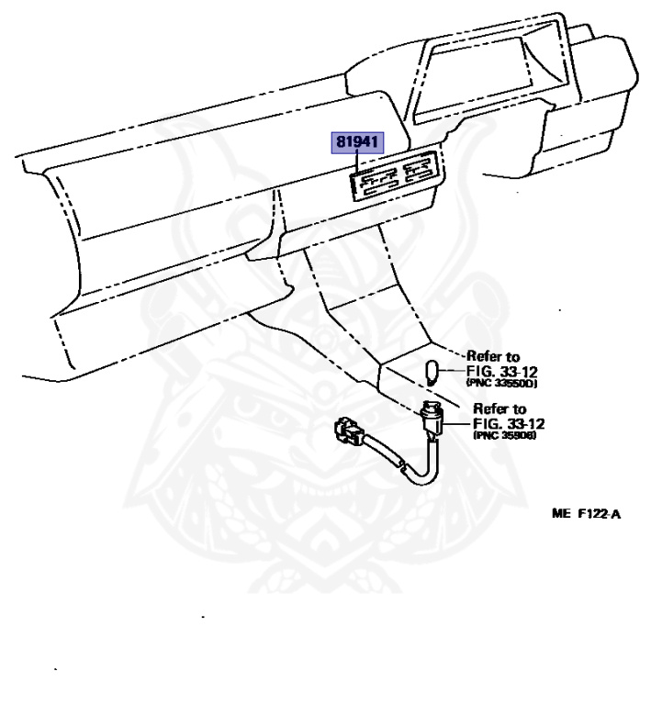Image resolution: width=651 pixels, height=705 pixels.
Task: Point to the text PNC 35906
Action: click(502, 436)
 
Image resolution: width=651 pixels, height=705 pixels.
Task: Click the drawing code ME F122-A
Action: click(585, 514)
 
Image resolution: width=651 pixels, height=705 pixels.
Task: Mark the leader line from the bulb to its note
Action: click(455, 366)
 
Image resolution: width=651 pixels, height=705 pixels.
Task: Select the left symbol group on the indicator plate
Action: click(376, 181)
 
